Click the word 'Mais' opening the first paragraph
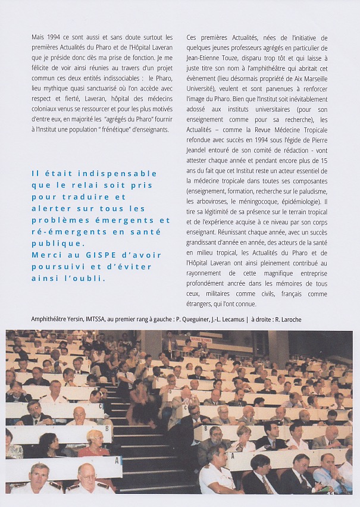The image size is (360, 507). tap(38, 37)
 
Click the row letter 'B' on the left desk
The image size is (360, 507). tap(107, 428)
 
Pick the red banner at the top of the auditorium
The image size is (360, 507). tap(201, 340)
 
